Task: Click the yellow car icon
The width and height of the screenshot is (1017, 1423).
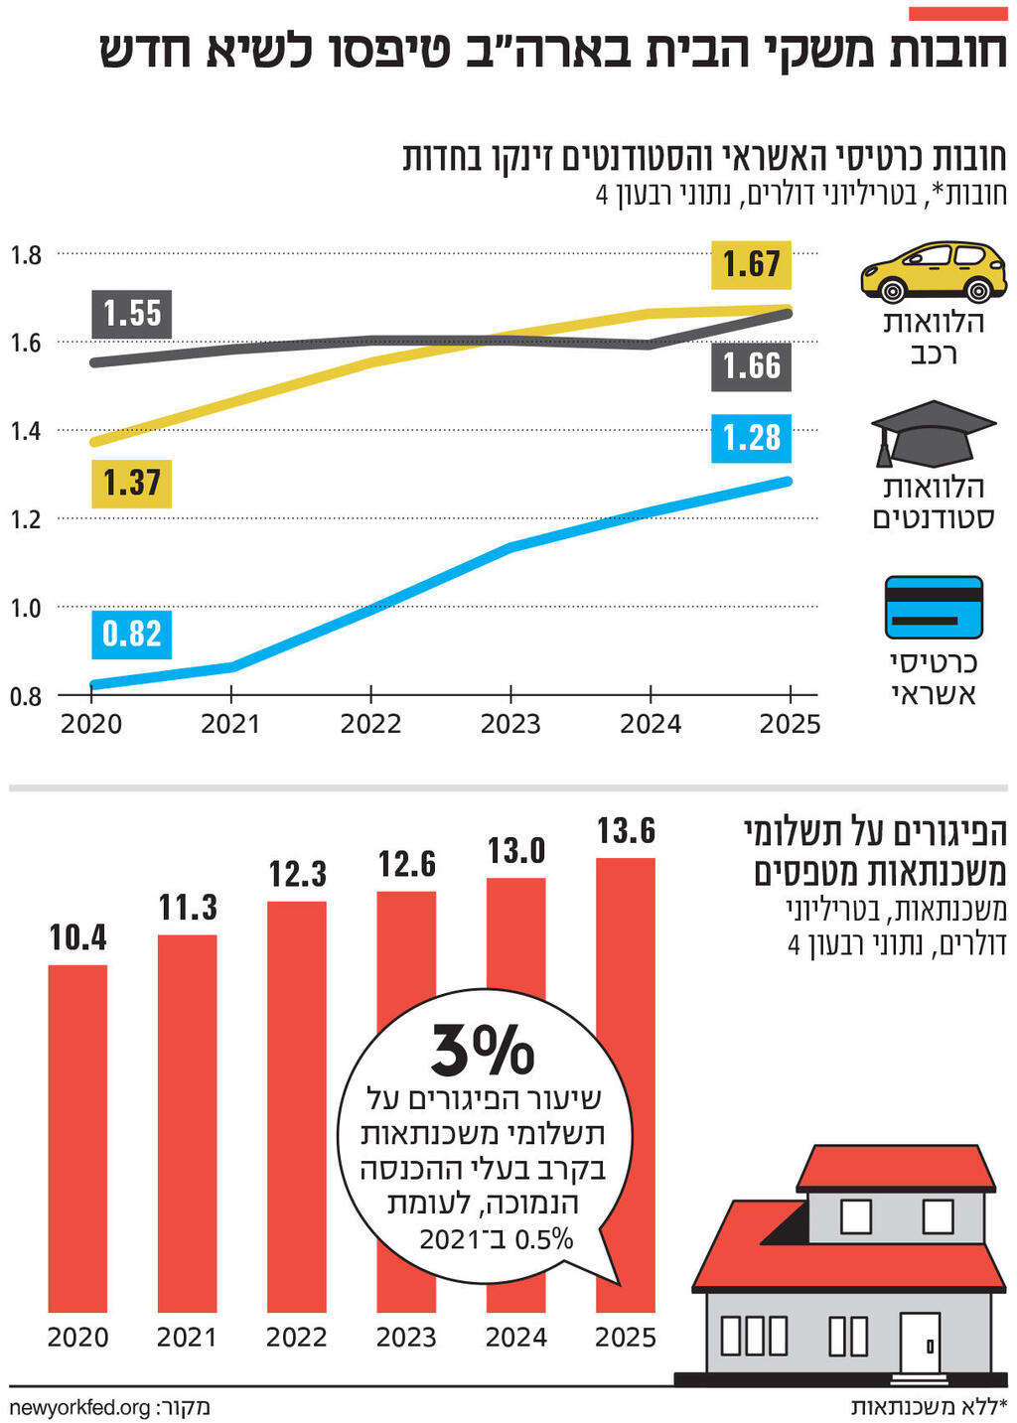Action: (933, 271)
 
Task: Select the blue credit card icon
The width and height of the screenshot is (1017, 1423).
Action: (933, 607)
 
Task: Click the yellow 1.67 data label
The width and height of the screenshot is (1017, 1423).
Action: (752, 264)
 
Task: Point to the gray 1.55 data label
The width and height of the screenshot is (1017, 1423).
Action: (132, 314)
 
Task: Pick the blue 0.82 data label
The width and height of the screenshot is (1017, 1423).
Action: (132, 634)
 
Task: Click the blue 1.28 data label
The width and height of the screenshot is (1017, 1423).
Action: (752, 438)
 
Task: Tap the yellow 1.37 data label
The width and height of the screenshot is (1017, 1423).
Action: (132, 484)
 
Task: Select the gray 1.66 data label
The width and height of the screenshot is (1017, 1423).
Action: (752, 366)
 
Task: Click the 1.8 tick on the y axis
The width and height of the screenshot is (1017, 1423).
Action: (27, 255)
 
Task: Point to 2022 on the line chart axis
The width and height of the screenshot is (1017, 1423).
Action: (370, 724)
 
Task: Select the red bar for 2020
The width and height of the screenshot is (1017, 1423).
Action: (77, 1138)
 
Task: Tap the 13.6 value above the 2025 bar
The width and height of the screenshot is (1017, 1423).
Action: (626, 831)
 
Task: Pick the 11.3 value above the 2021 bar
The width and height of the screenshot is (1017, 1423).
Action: (188, 908)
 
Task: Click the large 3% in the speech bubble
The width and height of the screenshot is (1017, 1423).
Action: (483, 1051)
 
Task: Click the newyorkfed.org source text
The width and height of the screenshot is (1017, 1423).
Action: (79, 1407)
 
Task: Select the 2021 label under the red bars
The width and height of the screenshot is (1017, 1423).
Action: (187, 1338)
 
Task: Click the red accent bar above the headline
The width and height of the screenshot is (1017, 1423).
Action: (957, 13)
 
